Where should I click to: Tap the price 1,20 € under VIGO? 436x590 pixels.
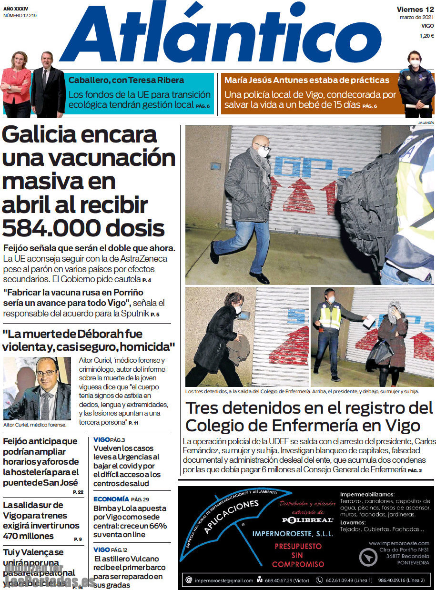(426, 36)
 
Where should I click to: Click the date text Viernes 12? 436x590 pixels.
(415, 9)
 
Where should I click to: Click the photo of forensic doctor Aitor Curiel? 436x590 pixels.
(37, 388)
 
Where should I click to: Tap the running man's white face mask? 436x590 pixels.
(263, 152)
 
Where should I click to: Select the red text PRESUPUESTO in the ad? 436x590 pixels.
(298, 547)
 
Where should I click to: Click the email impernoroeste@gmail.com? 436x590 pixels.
(226, 580)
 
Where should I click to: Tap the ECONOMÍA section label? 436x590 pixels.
(111, 499)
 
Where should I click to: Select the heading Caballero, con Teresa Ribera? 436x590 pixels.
(126, 80)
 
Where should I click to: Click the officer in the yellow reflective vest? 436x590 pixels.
(330, 329)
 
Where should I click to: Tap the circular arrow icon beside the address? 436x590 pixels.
(368, 557)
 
